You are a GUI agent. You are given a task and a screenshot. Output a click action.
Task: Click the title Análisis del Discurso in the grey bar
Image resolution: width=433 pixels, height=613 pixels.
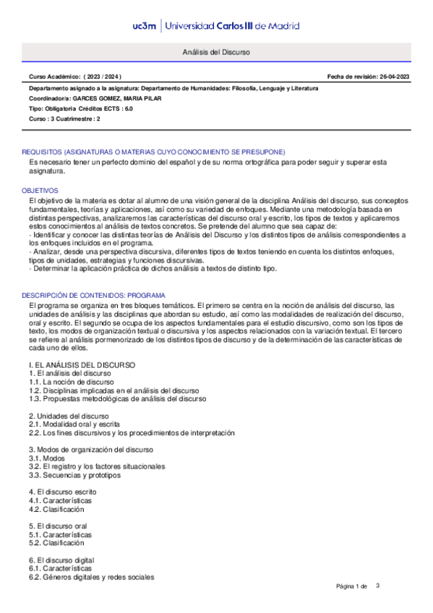(x=216, y=53)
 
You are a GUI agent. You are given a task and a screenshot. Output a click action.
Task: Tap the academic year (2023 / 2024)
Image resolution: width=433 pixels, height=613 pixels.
(x=103, y=77)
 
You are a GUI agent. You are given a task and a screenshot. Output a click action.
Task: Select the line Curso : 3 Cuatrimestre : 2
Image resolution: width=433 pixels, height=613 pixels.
(x=64, y=118)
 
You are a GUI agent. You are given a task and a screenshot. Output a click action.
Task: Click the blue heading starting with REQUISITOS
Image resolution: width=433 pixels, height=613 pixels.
(x=153, y=152)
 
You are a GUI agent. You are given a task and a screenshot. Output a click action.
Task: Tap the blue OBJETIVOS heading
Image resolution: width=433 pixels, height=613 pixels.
(x=40, y=189)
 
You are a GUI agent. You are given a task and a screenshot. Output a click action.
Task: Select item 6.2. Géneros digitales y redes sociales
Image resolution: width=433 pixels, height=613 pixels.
(x=92, y=577)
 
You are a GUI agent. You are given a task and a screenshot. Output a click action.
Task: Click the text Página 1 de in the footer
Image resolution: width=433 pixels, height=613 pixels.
(x=352, y=586)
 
